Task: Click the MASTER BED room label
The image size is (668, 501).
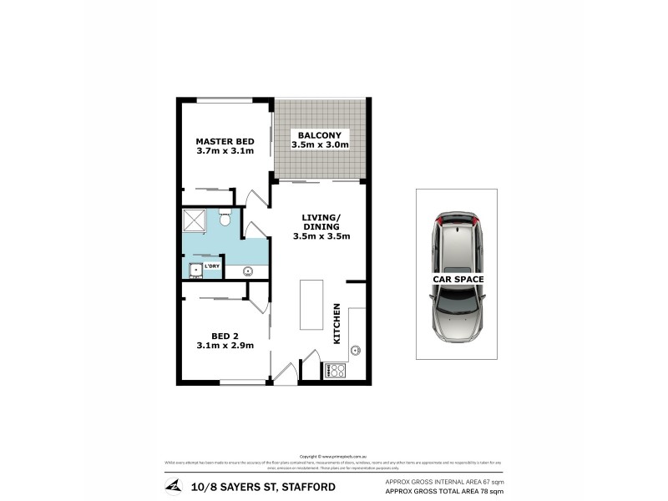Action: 225,141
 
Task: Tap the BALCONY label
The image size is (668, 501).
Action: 320,134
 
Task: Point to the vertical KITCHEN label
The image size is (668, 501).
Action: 337,324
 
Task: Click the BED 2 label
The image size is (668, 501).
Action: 225,334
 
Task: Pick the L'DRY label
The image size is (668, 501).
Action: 212,266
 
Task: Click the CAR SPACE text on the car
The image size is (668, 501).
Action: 458,280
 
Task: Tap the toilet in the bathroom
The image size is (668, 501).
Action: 225,218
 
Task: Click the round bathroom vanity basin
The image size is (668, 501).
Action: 248,271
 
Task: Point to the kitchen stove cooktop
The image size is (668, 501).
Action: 335,370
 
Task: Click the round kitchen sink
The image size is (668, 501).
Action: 356,350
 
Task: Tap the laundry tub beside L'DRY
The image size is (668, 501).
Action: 195,270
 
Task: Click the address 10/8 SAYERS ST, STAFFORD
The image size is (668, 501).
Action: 263,487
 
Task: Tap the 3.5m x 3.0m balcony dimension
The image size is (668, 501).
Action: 320,145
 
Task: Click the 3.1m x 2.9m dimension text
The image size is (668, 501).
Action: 225,345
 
